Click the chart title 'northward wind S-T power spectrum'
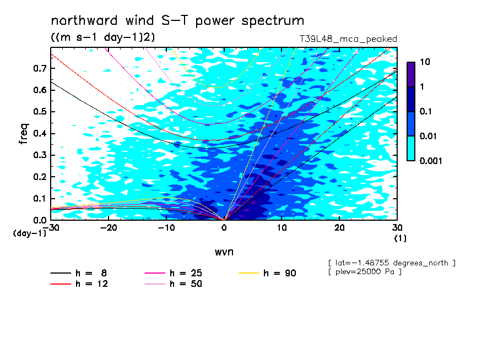(177, 20)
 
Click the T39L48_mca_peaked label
(348, 39)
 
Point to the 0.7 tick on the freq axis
(40, 68)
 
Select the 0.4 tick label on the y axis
(40, 133)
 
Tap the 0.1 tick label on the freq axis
(40, 198)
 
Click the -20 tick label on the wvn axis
(109, 228)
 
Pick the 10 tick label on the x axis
(282, 228)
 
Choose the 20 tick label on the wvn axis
(339, 228)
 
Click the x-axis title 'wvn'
(224, 252)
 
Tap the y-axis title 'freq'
(24, 134)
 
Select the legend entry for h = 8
(79, 273)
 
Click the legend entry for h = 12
(79, 284)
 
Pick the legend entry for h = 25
(174, 273)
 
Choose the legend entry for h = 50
(174, 284)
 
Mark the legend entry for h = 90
(267, 273)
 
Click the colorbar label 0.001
(431, 161)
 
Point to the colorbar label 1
(422, 86)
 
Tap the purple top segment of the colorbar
(411, 74)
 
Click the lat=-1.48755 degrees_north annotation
(392, 263)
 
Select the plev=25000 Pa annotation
(365, 272)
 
